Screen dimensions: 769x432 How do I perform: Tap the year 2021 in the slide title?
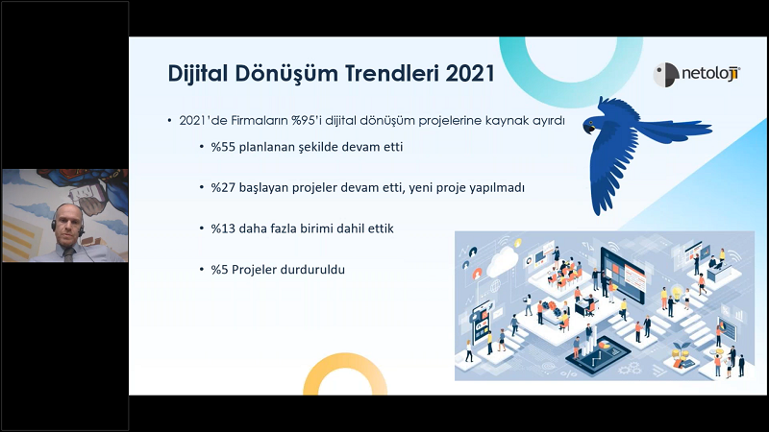pyautogui.click(x=470, y=74)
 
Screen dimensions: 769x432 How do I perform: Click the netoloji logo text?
pyautogui.click(x=710, y=74)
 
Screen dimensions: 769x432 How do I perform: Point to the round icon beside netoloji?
pyautogui.click(x=665, y=75)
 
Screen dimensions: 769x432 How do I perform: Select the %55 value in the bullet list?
pyautogui.click(x=223, y=147)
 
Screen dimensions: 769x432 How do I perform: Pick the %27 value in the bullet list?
pyautogui.click(x=223, y=187)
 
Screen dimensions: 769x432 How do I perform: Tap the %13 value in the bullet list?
pyautogui.click(x=223, y=228)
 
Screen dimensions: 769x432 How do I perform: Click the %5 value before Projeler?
pyautogui.click(x=220, y=270)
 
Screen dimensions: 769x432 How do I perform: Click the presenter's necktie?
pyautogui.click(x=68, y=254)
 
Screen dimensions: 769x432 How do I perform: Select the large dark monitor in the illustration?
pyautogui.click(x=622, y=276)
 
